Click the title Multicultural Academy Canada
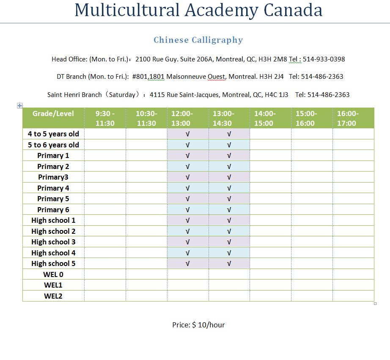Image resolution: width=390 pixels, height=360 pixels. (x=198, y=10)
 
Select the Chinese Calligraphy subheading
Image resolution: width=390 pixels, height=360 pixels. (x=198, y=40)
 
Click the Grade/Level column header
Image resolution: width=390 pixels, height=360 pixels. (x=53, y=114)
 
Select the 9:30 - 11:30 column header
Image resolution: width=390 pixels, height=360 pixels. (x=105, y=118)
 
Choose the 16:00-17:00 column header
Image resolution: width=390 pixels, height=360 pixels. (x=348, y=118)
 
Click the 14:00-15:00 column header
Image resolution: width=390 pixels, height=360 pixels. (x=265, y=118)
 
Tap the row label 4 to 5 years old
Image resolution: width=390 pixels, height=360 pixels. (x=53, y=134)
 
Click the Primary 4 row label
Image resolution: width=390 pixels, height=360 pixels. (x=53, y=188)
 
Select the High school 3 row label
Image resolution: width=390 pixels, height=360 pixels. (x=53, y=242)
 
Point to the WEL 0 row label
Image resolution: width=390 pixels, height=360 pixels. (x=53, y=274)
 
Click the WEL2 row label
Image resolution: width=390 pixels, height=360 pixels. (x=53, y=296)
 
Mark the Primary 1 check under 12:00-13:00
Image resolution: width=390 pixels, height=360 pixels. (x=188, y=155)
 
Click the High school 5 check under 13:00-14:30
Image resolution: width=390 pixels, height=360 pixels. (x=229, y=263)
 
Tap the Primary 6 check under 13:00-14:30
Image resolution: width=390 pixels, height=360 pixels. (x=229, y=210)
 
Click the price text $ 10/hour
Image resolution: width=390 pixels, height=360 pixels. (x=208, y=325)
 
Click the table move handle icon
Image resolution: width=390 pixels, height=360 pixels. (x=20, y=105)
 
